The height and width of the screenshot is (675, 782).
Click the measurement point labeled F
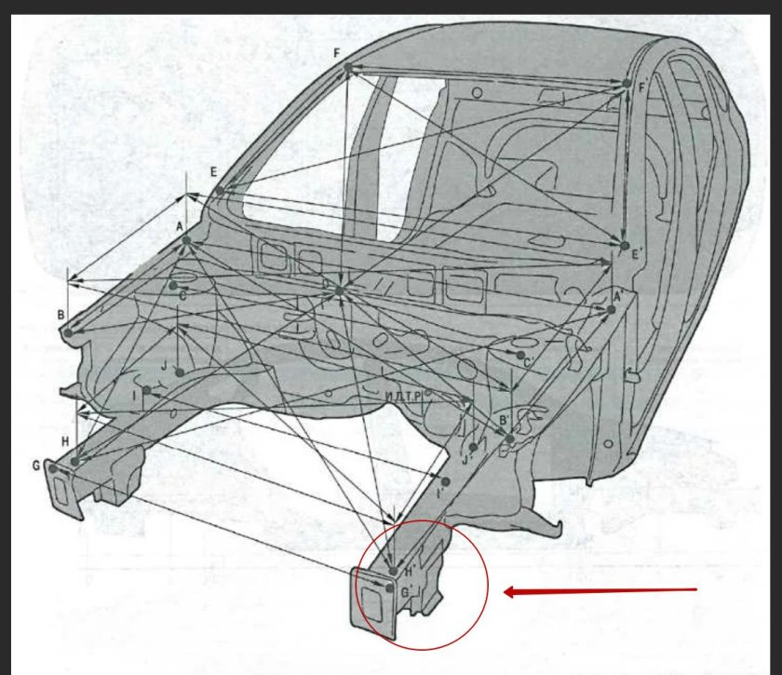click(347, 67)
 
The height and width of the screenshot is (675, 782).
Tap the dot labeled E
click(220, 191)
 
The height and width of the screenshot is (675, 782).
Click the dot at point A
click(186, 240)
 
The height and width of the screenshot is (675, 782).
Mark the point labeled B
click(68, 332)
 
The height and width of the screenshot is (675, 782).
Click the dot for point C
click(173, 285)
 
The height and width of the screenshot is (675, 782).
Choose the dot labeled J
click(179, 371)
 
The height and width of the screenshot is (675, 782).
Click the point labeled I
click(147, 390)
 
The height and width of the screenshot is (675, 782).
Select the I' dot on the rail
click(447, 481)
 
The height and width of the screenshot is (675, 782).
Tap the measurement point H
click(74, 461)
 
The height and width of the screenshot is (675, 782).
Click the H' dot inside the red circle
click(393, 571)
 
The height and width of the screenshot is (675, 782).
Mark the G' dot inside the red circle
click(389, 588)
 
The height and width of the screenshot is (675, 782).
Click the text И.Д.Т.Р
click(403, 397)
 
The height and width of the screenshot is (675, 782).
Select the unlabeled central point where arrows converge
click(340, 290)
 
